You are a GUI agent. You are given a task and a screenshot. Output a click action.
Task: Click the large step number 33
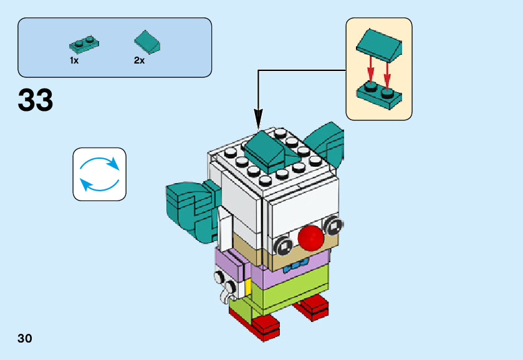36,100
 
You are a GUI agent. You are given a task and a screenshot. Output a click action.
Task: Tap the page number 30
25,339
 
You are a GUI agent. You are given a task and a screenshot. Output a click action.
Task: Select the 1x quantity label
74,60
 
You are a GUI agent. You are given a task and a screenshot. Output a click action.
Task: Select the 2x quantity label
139,60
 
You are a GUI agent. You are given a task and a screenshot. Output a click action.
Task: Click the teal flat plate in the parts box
84,44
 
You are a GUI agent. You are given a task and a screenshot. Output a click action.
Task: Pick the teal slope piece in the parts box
148,42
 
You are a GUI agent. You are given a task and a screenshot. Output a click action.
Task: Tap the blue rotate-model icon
100,174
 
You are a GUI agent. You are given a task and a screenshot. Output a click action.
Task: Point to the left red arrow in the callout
369,70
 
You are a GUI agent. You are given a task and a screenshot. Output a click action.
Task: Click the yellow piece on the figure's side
248,287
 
